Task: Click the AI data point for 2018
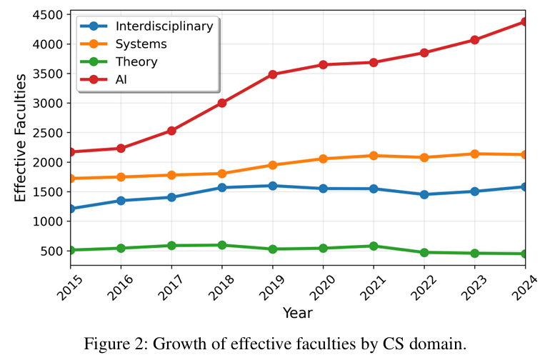pyautogui.click(x=222, y=103)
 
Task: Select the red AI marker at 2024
pyautogui.click(x=524, y=21)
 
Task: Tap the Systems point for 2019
pyautogui.click(x=272, y=165)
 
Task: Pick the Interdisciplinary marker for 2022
pyautogui.click(x=424, y=194)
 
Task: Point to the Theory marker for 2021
pyautogui.click(x=373, y=246)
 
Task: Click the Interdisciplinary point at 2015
pyautogui.click(x=71, y=209)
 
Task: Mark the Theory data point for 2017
pyautogui.click(x=171, y=246)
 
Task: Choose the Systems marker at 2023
pyautogui.click(x=474, y=154)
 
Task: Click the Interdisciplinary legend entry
pyautogui.click(x=164, y=26)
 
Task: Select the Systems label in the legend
pyautogui.click(x=141, y=44)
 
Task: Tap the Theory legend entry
pyautogui.click(x=136, y=61)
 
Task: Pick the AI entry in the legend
pyautogui.click(x=121, y=79)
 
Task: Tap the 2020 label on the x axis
pyautogui.click(x=316, y=284)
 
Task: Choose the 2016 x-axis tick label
pyautogui.click(x=115, y=284)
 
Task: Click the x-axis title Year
pyautogui.click(x=297, y=312)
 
